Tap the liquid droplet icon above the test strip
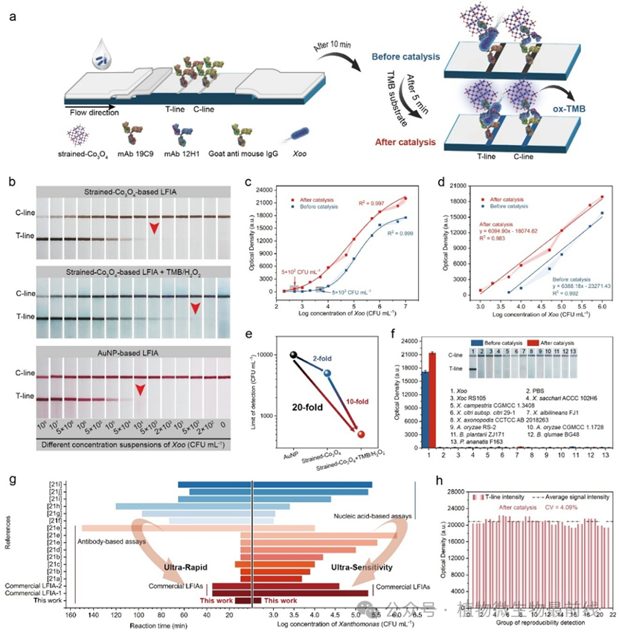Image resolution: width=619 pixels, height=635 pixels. click(x=100, y=54)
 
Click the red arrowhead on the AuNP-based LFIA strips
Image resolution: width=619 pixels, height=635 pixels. click(x=140, y=390)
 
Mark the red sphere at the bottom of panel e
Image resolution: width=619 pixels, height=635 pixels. click(x=362, y=434)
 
